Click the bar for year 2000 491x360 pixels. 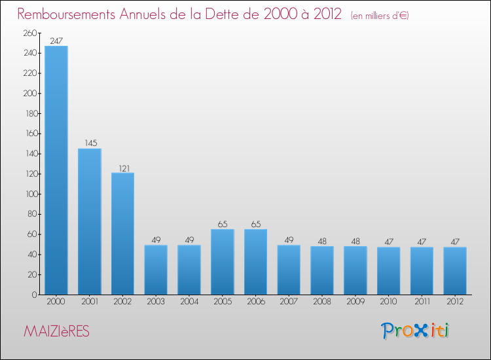(56, 170)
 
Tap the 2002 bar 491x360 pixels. (123, 234)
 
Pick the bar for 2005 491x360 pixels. (223, 262)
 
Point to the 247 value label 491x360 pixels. (56, 41)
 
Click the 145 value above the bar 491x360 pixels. (90, 143)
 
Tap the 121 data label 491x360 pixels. (123, 168)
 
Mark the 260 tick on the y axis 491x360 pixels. (30, 33)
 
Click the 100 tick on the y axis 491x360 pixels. (30, 194)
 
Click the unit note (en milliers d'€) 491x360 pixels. (380, 16)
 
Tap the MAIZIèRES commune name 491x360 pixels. (56, 332)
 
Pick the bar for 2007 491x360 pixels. (289, 270)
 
